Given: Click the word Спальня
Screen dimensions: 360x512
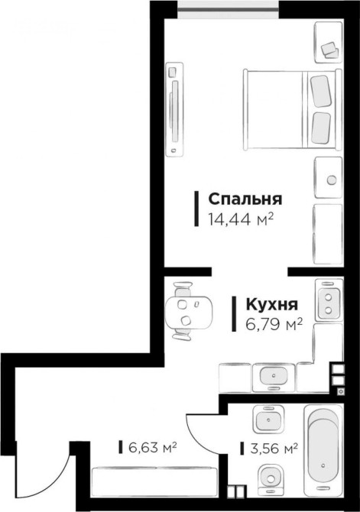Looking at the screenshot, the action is coord(245,199).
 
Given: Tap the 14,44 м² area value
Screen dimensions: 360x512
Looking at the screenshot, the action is coord(241,219).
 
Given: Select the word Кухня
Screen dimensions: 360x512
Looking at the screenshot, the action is coord(272,304).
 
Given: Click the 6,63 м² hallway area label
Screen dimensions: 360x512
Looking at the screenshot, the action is coord(153,447).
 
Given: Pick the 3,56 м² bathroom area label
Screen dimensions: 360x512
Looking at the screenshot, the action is coord(274,449).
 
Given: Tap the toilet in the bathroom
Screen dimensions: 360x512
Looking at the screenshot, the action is coord(271,479).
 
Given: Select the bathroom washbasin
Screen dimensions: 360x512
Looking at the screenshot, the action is coord(268,420).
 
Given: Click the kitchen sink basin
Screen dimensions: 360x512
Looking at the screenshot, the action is coord(274,376).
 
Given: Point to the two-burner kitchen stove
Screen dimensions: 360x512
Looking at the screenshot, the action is coord(329,299).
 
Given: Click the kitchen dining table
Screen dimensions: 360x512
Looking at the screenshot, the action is coord(189,313).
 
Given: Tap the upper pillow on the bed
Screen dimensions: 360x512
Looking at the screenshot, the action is coord(321,91).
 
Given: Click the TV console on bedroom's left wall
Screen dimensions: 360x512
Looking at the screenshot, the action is coord(175,109).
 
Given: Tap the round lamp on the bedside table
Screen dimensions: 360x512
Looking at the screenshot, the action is coord(332,180).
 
